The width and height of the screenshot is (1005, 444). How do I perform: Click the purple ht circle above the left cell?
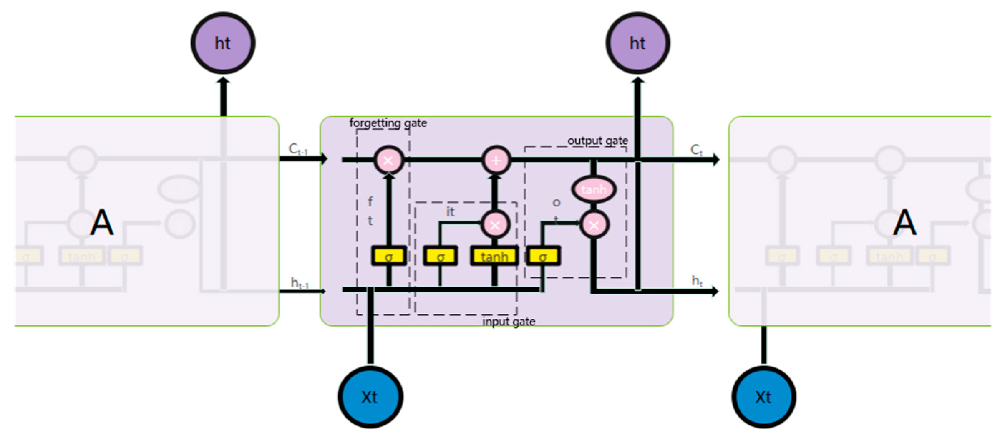[x=223, y=43]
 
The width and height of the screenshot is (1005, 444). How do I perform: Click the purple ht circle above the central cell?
[x=637, y=43]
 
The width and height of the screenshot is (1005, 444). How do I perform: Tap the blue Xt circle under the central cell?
[x=370, y=397]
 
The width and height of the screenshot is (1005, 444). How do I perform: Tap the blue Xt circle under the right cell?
[x=763, y=397]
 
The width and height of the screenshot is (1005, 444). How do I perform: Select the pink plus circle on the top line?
[x=496, y=160]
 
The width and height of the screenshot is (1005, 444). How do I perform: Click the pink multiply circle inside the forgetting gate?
[x=388, y=160]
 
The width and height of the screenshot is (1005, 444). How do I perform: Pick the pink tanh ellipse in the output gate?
[x=593, y=190]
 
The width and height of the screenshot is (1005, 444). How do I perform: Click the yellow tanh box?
[x=494, y=256]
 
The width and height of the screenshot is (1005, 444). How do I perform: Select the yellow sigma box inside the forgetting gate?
[x=389, y=256]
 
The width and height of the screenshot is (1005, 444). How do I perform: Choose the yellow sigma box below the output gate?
[x=543, y=256]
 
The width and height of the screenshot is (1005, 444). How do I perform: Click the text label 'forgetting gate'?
[x=388, y=123]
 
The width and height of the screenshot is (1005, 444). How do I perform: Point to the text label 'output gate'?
[x=597, y=141]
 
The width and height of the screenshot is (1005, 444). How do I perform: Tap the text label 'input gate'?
[x=508, y=322]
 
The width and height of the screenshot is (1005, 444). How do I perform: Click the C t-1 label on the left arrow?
[x=298, y=149]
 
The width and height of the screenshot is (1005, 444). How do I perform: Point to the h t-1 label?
[x=299, y=283]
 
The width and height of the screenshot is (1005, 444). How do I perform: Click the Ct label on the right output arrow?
[x=696, y=150]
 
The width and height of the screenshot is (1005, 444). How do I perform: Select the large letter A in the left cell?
[x=102, y=223]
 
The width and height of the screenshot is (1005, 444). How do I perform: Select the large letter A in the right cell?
[x=904, y=223]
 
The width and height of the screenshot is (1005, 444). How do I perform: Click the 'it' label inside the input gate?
[x=450, y=212]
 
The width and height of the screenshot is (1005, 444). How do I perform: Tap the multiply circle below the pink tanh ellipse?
[x=594, y=225]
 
